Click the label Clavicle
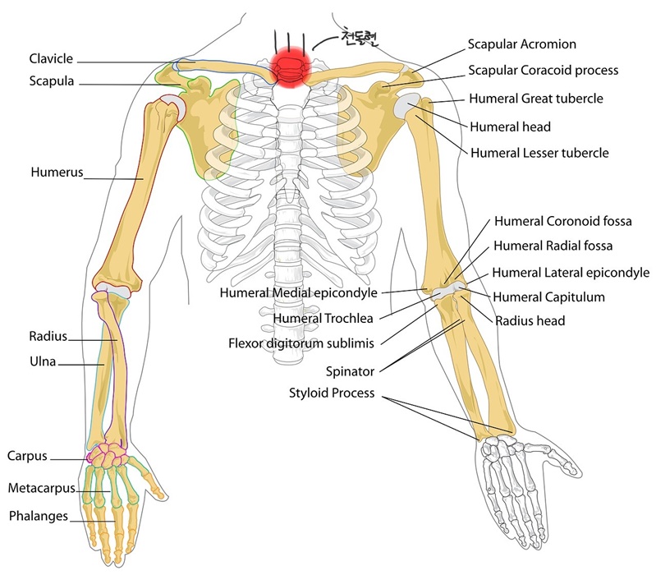[51, 59]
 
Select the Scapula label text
[51, 81]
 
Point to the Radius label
[48, 336]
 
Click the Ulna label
[42, 359]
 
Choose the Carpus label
[27, 455]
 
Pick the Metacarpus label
[41, 488]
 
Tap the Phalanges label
[39, 517]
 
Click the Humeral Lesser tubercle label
[539, 153]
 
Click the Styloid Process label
[332, 393]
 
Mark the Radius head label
[530, 320]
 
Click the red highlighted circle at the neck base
[289, 65]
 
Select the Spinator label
[351, 371]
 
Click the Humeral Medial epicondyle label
[298, 292]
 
